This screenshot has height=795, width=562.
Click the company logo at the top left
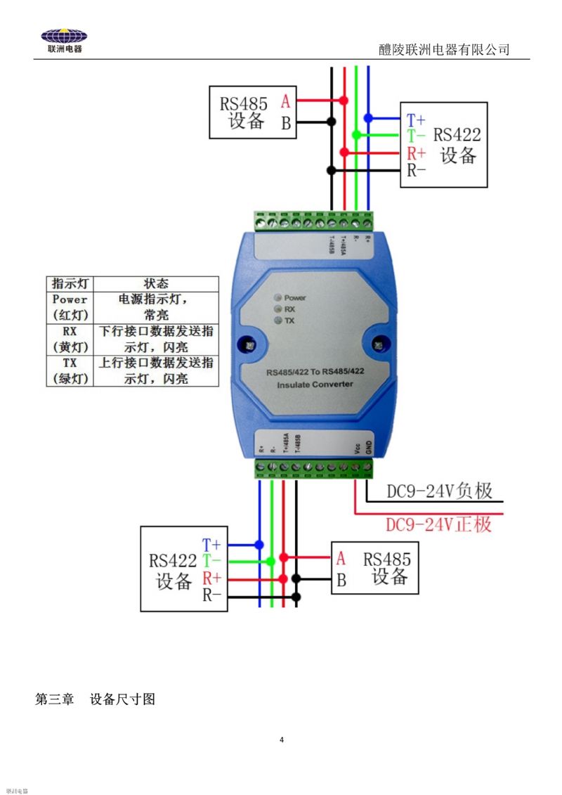click(64, 41)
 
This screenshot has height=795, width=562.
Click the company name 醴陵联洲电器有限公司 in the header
click(443, 49)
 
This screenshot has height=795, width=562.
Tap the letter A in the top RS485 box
click(285, 101)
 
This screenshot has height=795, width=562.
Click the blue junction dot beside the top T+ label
click(368, 119)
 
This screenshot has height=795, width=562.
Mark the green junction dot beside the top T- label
click(356, 134)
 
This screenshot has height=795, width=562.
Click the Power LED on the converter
click(278, 297)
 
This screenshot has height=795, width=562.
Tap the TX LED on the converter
click(278, 321)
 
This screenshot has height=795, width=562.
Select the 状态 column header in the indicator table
click(156, 284)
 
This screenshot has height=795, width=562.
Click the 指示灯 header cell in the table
click(70, 284)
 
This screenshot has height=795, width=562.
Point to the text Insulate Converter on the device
click(315, 384)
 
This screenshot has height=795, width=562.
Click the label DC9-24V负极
click(439, 492)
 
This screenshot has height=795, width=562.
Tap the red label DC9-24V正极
click(439, 524)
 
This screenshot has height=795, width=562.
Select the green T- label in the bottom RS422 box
click(211, 561)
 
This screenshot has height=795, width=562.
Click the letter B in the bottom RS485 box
click(341, 581)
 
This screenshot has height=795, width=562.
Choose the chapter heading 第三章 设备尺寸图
click(95, 699)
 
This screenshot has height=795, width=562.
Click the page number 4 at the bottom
click(282, 739)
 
